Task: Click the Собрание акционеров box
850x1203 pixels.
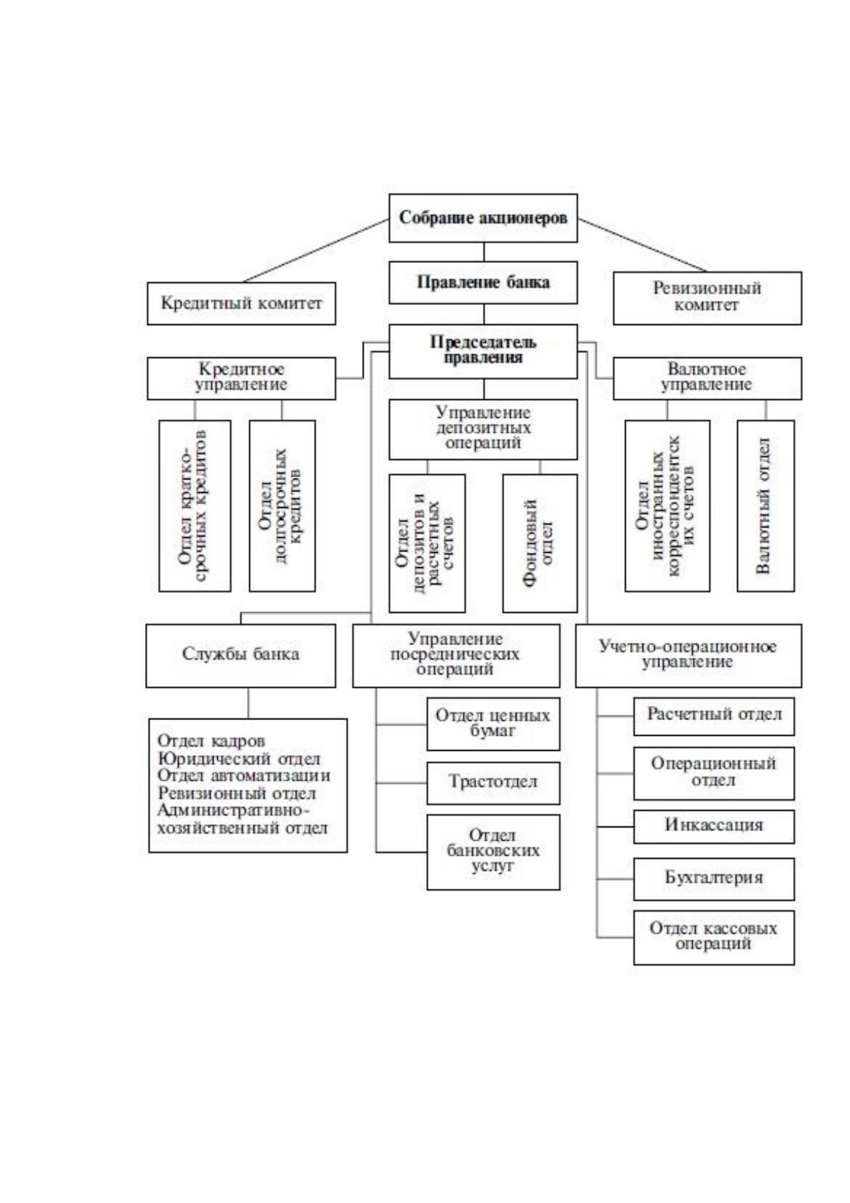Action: [x=483, y=218]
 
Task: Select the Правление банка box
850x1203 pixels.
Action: [x=483, y=282]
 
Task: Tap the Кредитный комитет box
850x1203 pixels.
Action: [x=241, y=304]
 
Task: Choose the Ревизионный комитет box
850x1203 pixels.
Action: [x=707, y=298]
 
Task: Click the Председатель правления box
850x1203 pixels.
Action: [x=483, y=351]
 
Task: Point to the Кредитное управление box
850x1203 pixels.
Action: [x=241, y=379]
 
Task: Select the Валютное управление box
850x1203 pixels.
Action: [x=707, y=379]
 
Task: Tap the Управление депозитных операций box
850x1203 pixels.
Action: [x=483, y=429]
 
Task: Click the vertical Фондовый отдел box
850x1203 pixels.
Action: [x=539, y=543]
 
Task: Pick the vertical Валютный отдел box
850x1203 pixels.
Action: [x=765, y=506]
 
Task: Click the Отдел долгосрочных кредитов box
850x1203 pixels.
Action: [x=282, y=506]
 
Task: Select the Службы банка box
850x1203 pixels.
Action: [x=241, y=656]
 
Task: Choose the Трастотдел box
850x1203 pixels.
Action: [x=493, y=782]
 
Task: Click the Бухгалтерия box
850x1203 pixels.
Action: [x=714, y=879]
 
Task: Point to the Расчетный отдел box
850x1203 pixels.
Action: [x=714, y=717]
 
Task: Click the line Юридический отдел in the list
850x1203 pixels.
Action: [x=239, y=759]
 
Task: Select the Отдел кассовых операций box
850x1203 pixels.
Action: [x=714, y=937]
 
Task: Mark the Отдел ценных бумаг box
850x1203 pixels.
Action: [x=493, y=724]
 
